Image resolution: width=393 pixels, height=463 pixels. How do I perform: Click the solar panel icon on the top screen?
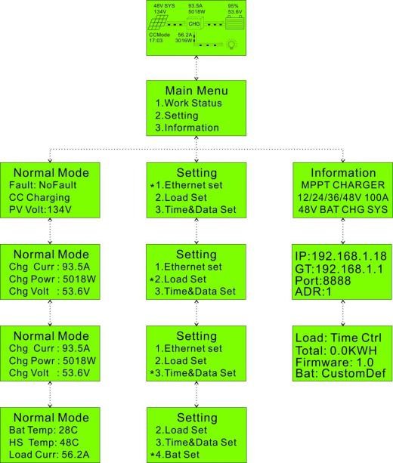158,23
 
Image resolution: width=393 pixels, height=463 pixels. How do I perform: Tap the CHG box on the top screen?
194,23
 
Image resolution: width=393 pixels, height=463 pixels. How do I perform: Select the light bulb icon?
231,45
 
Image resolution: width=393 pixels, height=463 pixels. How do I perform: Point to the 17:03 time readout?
156,41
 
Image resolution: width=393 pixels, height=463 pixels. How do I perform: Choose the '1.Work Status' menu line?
188,103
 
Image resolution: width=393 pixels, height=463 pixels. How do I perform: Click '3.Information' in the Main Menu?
187,128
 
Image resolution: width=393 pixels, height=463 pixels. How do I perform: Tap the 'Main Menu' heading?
196,91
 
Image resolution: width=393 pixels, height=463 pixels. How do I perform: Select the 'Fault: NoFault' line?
43,185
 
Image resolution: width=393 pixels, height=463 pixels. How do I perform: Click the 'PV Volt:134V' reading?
40,210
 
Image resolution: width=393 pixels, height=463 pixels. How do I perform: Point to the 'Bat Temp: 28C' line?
43,430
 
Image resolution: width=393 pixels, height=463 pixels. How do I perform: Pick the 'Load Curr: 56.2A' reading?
49,455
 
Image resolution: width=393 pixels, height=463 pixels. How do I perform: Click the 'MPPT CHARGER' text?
343,185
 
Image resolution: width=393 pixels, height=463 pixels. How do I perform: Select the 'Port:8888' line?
323,280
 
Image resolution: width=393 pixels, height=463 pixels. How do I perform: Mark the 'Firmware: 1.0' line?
335,363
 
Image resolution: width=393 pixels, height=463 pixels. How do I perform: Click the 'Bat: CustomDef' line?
341,374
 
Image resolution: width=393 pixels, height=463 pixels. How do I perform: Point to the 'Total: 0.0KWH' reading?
336,350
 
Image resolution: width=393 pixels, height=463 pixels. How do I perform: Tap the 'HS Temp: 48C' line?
44,443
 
